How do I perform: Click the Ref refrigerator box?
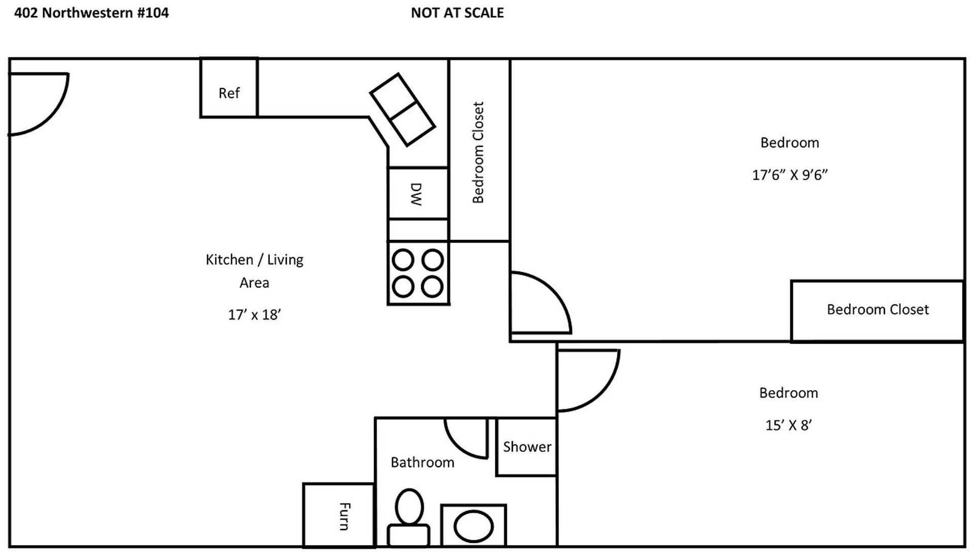(x=229, y=88)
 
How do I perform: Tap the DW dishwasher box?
(x=418, y=193)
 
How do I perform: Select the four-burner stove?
(x=418, y=273)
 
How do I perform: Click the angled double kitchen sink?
(x=403, y=110)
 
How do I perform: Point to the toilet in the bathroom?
(x=409, y=517)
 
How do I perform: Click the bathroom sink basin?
(x=473, y=526)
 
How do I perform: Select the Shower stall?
(x=526, y=447)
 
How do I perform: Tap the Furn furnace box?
(x=339, y=515)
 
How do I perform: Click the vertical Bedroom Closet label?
(x=478, y=153)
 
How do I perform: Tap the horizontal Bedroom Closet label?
(x=878, y=309)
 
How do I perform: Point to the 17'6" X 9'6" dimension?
(x=790, y=175)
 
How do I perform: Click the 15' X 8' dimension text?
(x=789, y=425)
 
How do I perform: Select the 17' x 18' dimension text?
(x=254, y=315)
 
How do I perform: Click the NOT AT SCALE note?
(x=457, y=13)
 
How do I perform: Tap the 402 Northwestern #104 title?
(x=91, y=13)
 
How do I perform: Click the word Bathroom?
(x=422, y=462)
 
